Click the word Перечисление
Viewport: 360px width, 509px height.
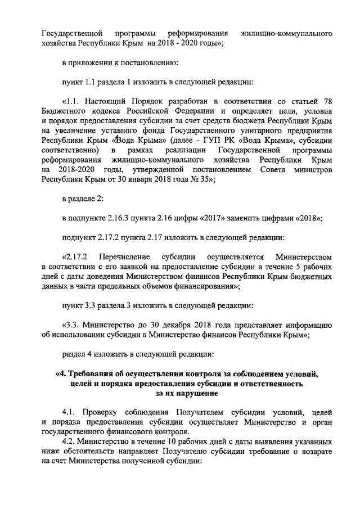122,257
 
